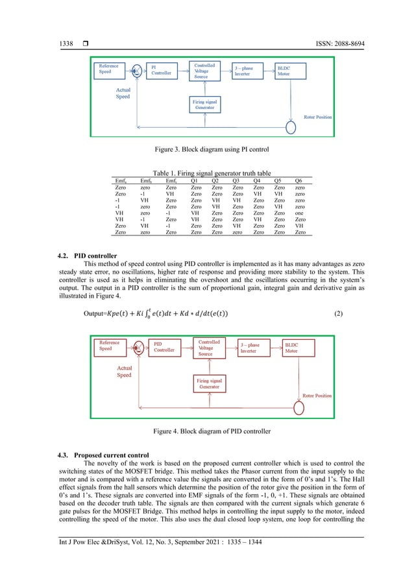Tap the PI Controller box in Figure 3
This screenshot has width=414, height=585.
(162, 70)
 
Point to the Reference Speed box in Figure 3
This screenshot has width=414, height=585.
(112, 69)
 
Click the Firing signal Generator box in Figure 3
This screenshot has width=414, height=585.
(207, 104)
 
